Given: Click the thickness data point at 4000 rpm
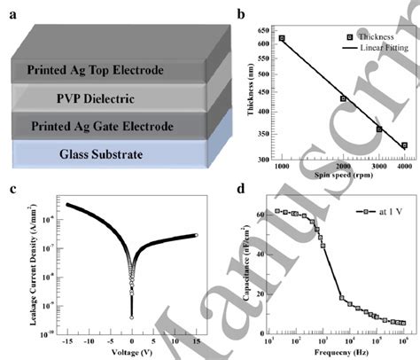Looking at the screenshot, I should (404, 145).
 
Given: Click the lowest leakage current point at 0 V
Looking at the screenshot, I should (132, 316).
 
